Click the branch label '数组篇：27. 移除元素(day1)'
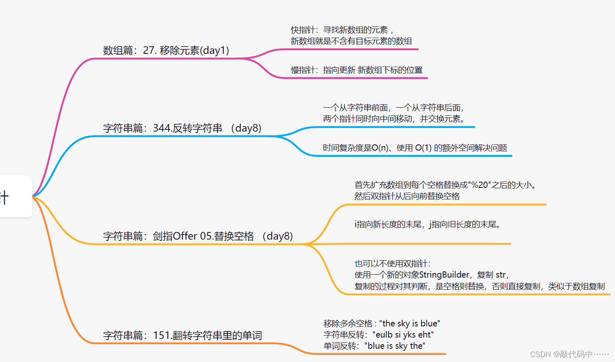click(166, 50)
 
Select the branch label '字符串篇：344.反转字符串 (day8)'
click(182, 128)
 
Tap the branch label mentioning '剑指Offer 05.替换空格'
click(198, 236)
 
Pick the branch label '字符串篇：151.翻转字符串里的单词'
click(182, 336)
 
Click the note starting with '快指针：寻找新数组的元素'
click(351, 36)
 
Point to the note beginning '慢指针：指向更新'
click(356, 70)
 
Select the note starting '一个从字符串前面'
click(393, 113)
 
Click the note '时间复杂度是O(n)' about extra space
click(415, 148)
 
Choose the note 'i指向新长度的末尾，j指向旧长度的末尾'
click(427, 225)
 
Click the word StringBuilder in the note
click(444, 275)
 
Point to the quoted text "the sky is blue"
click(410, 324)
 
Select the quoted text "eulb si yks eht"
click(403, 335)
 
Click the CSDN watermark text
click(569, 355)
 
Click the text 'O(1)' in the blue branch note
click(423, 148)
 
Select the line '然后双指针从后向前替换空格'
click(407, 197)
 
